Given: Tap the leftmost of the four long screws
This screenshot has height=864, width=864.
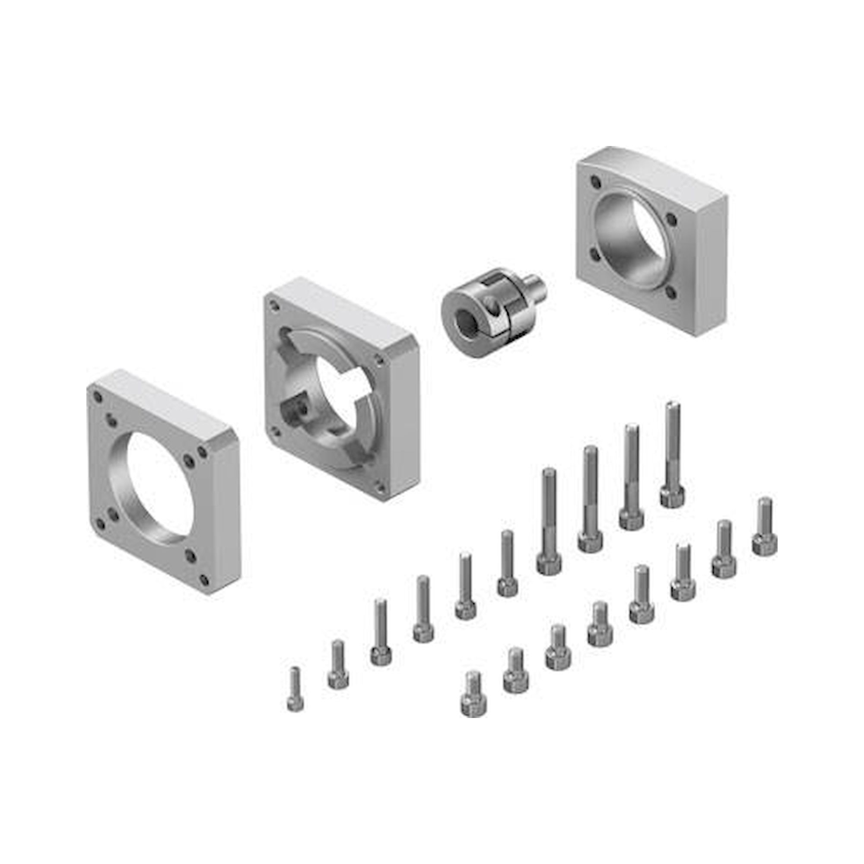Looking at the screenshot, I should (549, 521).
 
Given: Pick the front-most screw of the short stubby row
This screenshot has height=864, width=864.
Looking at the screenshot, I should (473, 700).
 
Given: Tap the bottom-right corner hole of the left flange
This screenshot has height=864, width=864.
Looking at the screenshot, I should (204, 581).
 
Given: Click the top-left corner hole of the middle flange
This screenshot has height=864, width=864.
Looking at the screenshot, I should (273, 307).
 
